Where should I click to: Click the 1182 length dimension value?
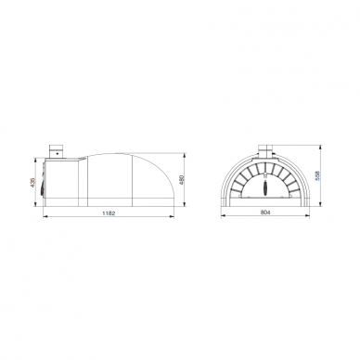[x=109, y=213]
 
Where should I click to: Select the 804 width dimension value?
[x=265, y=212]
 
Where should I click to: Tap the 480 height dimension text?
[x=182, y=180]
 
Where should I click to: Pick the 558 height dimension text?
[x=317, y=175]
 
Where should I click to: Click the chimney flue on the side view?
[x=57, y=151]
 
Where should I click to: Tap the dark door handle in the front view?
[x=265, y=187]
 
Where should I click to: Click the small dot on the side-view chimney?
[x=57, y=153]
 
